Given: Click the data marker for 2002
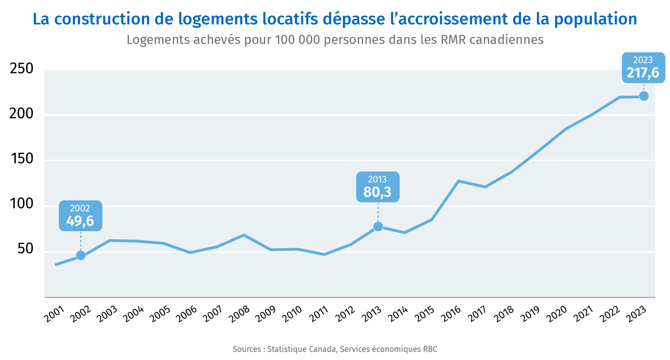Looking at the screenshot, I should pyautogui.click(x=81, y=255).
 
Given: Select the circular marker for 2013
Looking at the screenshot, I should pyautogui.click(x=378, y=227).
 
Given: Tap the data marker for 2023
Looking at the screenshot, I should pyautogui.click(x=644, y=96).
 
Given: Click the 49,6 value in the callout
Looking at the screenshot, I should pyautogui.click(x=80, y=221).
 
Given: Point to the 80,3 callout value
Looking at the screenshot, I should pyautogui.click(x=378, y=192).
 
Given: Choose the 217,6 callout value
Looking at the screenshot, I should pyautogui.click(x=643, y=73).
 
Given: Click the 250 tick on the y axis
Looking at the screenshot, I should pyautogui.click(x=22, y=69).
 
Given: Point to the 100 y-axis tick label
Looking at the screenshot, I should pyautogui.click(x=22, y=204).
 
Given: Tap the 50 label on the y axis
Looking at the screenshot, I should pyautogui.click(x=25, y=249).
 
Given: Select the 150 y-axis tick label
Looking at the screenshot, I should pyautogui.click(x=22, y=159).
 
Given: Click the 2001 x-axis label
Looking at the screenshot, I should pyautogui.click(x=54, y=314).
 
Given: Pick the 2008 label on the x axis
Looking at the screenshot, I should pyautogui.click(x=239, y=314).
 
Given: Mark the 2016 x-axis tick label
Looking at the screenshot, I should pyautogui.click(x=451, y=314).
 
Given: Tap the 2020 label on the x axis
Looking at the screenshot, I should pyautogui.click(x=557, y=314).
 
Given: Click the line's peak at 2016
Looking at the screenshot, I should pyautogui.click(x=458, y=181).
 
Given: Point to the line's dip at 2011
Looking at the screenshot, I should pyautogui.click(x=324, y=254).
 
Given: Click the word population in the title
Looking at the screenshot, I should pyautogui.click(x=595, y=19).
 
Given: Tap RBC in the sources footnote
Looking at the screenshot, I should pyautogui.click(x=430, y=349).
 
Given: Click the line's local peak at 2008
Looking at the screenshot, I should pyautogui.click(x=244, y=235).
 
